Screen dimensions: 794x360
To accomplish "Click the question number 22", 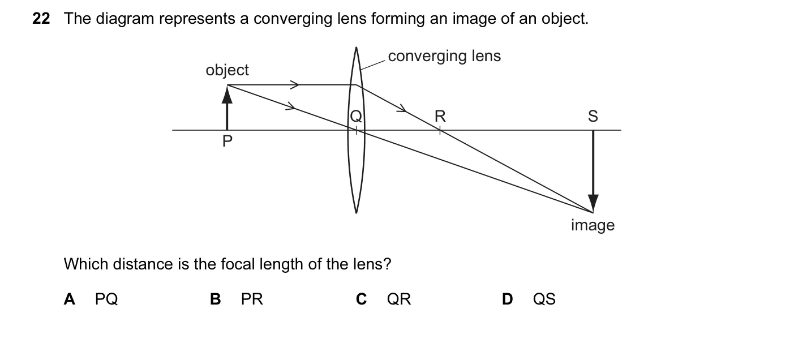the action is [41, 19].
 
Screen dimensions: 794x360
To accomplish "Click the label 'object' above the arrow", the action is [227, 70].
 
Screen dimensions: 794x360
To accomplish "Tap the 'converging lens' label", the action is [444, 57].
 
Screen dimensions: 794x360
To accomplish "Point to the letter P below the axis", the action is [227, 141].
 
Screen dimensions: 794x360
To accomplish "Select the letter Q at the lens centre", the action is [356, 116].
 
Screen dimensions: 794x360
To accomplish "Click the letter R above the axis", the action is [440, 116].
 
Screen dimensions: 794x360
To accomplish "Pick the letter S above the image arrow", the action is [593, 116].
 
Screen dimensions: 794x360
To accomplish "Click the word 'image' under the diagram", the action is [593, 226].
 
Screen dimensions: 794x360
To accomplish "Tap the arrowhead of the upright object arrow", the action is [227, 95].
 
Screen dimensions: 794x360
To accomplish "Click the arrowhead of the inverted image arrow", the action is [593, 203].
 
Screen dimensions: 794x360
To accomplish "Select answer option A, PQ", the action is [91, 299].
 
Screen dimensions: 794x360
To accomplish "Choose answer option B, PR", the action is [237, 299].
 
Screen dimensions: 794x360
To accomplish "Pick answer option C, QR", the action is [384, 299].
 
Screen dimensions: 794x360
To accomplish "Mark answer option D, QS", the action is [529, 299].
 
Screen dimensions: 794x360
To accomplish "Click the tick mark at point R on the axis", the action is [440, 130].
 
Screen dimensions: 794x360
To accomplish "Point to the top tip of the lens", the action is [356, 47].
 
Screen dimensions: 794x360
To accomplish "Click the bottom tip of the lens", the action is [356, 213].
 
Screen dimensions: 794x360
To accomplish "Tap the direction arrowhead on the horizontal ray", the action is [295, 85].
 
